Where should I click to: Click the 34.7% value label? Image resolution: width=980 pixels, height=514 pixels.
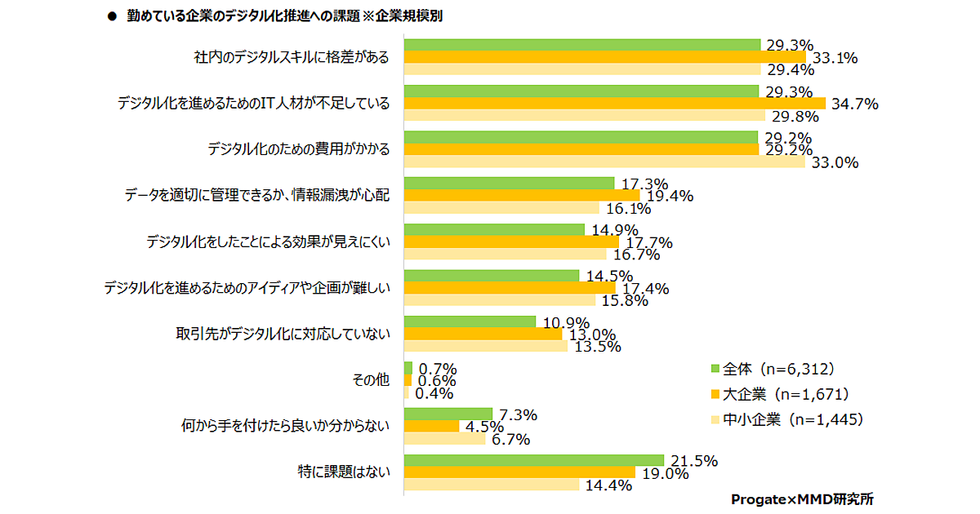(853, 104)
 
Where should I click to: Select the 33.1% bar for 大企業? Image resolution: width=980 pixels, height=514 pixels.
(605, 57)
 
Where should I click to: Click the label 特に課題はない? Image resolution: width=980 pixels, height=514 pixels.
(343, 472)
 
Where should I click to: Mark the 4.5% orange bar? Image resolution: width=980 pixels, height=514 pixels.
(432, 427)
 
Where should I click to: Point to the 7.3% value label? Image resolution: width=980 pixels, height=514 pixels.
(517, 415)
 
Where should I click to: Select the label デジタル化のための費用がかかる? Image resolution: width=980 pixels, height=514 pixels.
(298, 149)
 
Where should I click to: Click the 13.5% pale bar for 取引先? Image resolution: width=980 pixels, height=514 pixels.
(486, 346)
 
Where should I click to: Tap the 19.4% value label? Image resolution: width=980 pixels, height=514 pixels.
(669, 196)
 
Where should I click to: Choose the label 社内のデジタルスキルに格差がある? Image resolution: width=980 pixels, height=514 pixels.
(292, 57)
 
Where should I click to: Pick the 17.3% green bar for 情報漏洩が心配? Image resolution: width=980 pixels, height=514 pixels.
(510, 184)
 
